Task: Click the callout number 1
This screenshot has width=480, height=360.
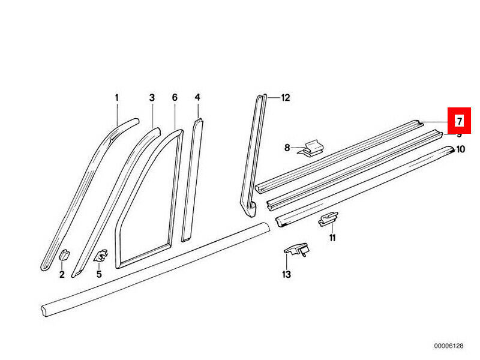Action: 117,98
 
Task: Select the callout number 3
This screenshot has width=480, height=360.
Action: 152,98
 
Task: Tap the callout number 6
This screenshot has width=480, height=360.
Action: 175,98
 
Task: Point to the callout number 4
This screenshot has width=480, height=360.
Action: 197,97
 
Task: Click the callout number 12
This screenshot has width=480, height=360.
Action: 285,98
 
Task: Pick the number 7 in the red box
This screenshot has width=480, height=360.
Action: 459,121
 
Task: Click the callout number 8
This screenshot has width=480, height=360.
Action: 287,147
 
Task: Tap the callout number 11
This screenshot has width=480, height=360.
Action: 331,238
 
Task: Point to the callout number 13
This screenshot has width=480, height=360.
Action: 286,275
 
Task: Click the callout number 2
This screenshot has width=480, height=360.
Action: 62,275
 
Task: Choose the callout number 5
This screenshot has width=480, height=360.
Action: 99,275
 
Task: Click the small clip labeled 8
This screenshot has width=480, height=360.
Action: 313,148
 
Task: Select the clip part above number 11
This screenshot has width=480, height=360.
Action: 328,220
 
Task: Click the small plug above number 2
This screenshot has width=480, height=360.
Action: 64,254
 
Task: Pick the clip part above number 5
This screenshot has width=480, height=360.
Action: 101,256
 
